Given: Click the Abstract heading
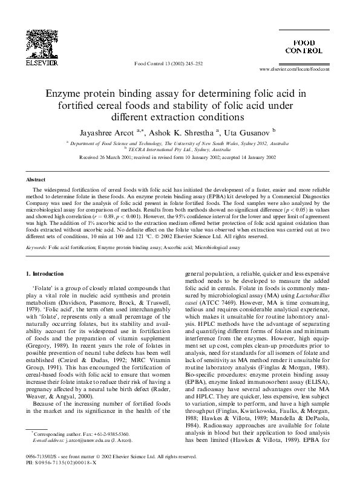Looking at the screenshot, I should [36, 163].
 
